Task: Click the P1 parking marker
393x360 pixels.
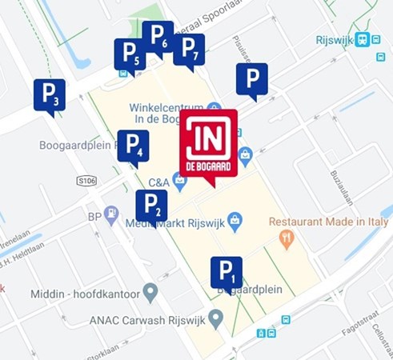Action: point(227,272)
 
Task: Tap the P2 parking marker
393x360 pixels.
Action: point(151,206)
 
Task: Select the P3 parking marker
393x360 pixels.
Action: point(50,94)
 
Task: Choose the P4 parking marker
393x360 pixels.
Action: point(133,146)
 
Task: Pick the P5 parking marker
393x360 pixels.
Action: point(130,54)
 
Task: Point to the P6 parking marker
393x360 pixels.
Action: point(158,37)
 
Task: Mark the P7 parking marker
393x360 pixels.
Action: point(189,50)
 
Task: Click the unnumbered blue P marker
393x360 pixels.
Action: point(252,78)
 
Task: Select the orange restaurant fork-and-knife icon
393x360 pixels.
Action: point(287,238)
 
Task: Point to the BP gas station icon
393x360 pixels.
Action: point(111,215)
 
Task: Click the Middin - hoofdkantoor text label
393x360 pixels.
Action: point(84,294)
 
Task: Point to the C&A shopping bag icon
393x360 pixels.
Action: point(180,182)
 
